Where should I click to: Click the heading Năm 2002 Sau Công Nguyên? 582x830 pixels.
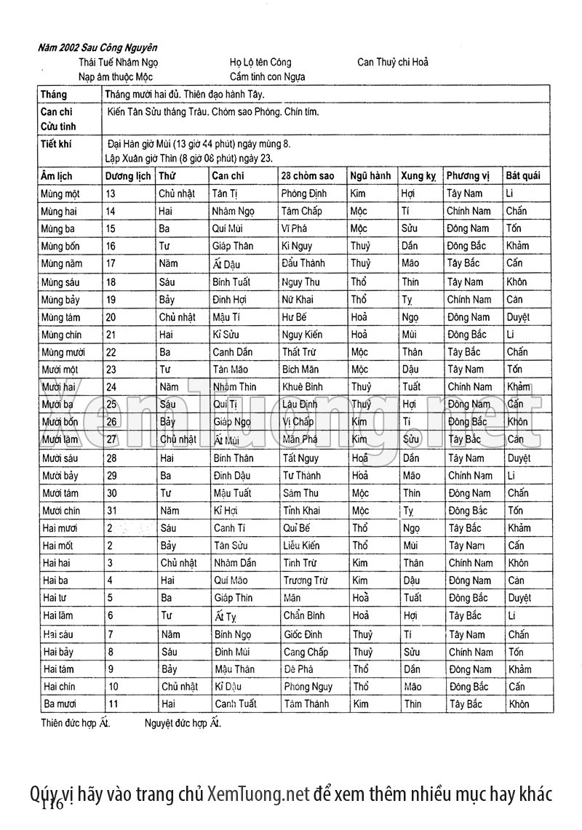[97, 49]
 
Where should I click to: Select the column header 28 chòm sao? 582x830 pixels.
[308, 176]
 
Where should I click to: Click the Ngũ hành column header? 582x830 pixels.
[370, 176]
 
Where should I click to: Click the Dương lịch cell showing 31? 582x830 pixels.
[113, 511]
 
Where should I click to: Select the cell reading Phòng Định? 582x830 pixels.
[305, 193]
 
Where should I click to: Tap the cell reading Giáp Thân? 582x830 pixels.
[233, 246]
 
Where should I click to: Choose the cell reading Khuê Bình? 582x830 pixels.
[303, 387]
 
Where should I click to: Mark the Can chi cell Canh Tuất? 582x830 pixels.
[236, 704]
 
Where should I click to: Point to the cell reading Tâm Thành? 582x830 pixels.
[306, 704]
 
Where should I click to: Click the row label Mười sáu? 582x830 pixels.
[60, 458]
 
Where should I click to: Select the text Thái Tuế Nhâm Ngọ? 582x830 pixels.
[118, 63]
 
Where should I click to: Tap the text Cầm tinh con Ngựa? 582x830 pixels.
[267, 76]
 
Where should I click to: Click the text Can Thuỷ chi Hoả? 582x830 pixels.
[393, 63]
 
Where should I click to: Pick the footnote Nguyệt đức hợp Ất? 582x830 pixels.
[182, 723]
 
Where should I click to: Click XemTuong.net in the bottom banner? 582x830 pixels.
[258, 793]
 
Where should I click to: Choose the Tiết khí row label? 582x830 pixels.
[56, 144]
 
